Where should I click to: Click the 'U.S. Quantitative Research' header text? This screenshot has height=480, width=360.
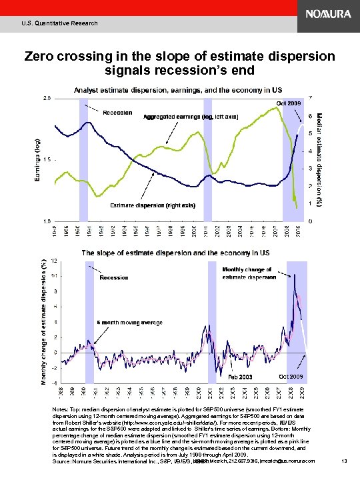click(x=59, y=23)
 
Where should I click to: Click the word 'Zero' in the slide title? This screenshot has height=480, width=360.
click(x=42, y=57)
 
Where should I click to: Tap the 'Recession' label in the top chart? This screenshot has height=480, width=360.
click(x=117, y=113)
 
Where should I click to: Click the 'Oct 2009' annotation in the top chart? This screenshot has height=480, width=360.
click(x=289, y=103)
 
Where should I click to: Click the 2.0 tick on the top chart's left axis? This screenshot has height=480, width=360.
click(x=47, y=98)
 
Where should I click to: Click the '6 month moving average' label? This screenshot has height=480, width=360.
click(x=130, y=323)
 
